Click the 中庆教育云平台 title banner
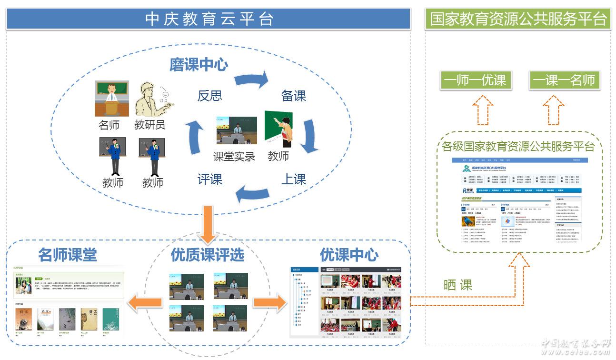(209, 19)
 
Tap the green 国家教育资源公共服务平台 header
(518, 19)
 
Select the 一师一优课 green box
(476, 80)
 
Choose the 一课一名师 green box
(564, 80)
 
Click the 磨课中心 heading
(199, 65)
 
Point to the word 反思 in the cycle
(210, 96)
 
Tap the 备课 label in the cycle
(293, 96)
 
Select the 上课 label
(293, 180)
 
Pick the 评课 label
(210, 180)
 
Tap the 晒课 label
(457, 285)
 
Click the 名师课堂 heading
(68, 255)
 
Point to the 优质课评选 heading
(207, 255)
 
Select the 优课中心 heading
(349, 255)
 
